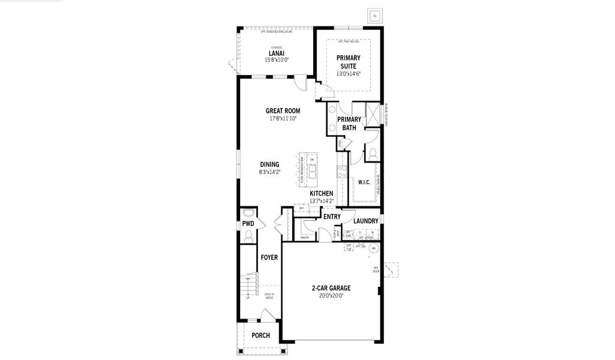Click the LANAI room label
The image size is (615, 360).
(277, 53)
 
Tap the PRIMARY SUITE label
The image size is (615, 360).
(348, 62)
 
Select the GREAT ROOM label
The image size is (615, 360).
(283, 111)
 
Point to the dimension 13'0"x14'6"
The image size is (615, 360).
(348, 74)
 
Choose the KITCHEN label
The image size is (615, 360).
(321, 193)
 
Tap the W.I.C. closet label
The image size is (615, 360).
(364, 182)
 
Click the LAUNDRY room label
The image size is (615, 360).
(365, 221)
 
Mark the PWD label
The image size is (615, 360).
(248, 223)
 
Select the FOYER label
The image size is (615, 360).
(269, 257)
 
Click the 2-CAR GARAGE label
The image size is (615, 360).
(331, 288)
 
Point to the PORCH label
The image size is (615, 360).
(260, 335)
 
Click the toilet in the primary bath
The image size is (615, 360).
(372, 153)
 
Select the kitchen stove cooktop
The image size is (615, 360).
(343, 172)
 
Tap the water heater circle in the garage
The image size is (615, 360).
(374, 247)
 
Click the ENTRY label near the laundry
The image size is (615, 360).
(332, 217)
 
